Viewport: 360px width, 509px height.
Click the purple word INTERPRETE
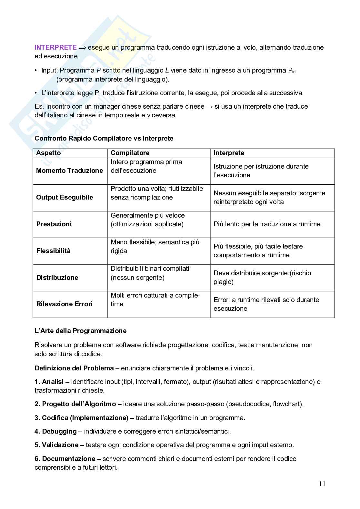pos(55,47)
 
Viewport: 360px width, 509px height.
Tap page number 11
pos(322,484)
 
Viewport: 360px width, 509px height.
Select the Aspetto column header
pos(48,153)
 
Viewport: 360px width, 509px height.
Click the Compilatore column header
pos(130,153)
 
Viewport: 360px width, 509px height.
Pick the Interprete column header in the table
pos(229,153)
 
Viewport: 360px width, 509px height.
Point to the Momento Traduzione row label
pos(69,171)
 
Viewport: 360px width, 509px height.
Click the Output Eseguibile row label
pos(65,197)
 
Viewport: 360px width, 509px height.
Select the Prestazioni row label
pos(54,224)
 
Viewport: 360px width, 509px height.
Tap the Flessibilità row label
pos(53,251)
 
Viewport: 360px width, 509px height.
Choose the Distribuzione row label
pos(57,278)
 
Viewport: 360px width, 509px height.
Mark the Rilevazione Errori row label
pos(64,304)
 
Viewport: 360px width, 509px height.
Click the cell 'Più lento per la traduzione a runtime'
pos(267,224)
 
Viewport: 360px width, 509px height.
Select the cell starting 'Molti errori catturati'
pos(155,299)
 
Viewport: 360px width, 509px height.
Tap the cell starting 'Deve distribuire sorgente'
pos(262,277)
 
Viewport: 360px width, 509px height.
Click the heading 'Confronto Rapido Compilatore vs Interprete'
pos(104,138)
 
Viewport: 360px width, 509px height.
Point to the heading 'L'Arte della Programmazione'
pos(80,331)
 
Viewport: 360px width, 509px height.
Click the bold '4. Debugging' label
pos(55,431)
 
